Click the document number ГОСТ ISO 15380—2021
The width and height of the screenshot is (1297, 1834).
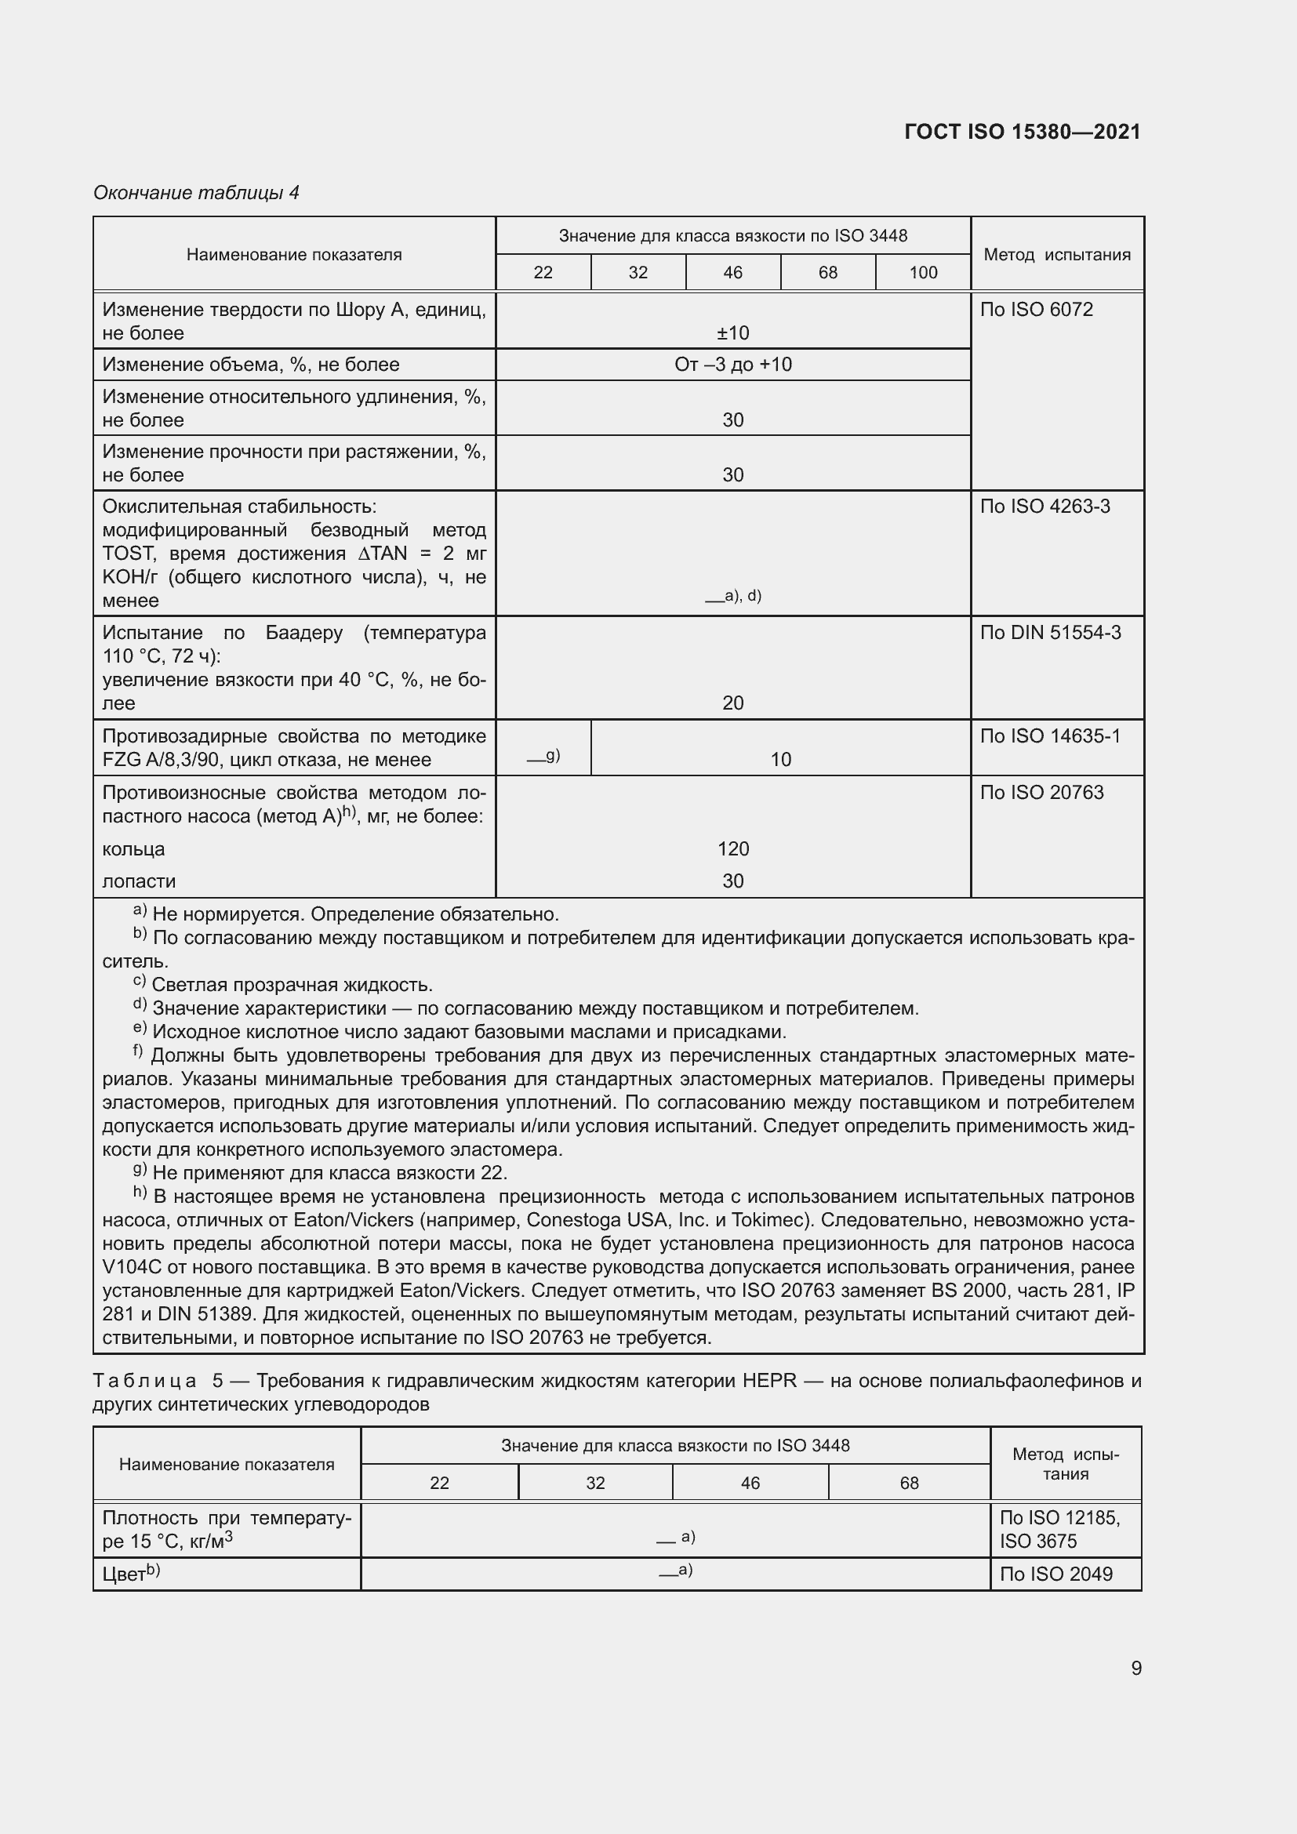(x=1022, y=132)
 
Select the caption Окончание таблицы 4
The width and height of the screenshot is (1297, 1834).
(x=196, y=193)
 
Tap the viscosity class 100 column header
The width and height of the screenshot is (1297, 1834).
(x=922, y=272)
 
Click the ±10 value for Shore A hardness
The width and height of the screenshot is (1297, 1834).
(x=732, y=332)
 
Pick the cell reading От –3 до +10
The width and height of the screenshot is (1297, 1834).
(x=732, y=365)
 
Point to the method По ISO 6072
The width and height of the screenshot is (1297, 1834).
(x=1036, y=309)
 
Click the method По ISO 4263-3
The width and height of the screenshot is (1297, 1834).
(x=1045, y=507)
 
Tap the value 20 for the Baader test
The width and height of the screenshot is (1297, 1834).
(x=732, y=703)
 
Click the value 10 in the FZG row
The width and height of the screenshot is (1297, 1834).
(x=780, y=759)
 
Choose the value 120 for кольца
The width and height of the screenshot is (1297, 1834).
(x=732, y=848)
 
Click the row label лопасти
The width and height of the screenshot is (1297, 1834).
(x=139, y=881)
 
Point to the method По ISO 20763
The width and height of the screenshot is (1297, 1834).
(x=1041, y=793)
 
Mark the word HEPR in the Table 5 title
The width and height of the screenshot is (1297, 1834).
(x=769, y=1380)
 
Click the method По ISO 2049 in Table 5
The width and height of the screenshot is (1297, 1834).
(x=1055, y=1574)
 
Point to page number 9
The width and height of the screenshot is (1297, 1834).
(x=1135, y=1668)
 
